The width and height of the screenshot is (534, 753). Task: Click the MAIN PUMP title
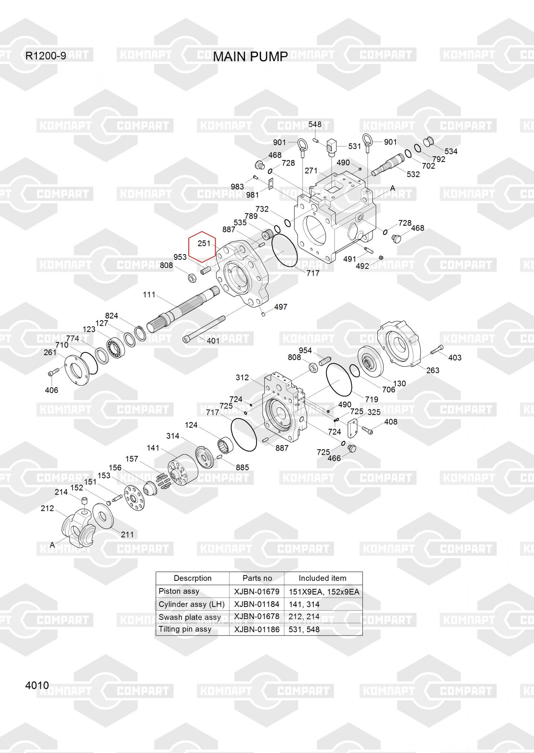tap(250, 57)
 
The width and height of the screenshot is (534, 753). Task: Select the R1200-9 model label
tap(46, 56)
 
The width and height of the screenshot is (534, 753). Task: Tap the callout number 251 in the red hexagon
tap(204, 244)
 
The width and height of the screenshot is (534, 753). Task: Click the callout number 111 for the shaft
tap(149, 295)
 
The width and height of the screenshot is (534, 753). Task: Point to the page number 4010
tap(37, 685)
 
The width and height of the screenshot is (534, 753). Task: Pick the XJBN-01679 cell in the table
tap(256, 591)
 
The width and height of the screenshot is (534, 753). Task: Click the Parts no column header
tap(257, 578)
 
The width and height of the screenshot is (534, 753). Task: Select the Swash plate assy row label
tap(190, 617)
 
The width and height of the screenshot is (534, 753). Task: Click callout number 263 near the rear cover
tap(433, 370)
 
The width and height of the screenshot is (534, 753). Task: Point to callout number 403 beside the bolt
tap(455, 358)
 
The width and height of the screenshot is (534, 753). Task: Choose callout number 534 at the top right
tap(451, 151)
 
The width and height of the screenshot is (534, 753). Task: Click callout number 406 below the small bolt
tap(52, 390)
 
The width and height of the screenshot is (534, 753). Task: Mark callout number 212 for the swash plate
tap(47, 509)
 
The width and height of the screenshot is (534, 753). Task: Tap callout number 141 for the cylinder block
tap(153, 448)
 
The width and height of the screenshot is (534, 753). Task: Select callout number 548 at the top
tap(315, 125)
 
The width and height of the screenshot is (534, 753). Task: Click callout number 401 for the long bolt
tap(213, 341)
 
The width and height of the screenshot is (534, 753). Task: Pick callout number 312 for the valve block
tap(242, 377)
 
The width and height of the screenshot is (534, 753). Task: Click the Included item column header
tap(323, 578)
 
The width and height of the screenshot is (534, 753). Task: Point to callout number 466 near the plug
tap(334, 458)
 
